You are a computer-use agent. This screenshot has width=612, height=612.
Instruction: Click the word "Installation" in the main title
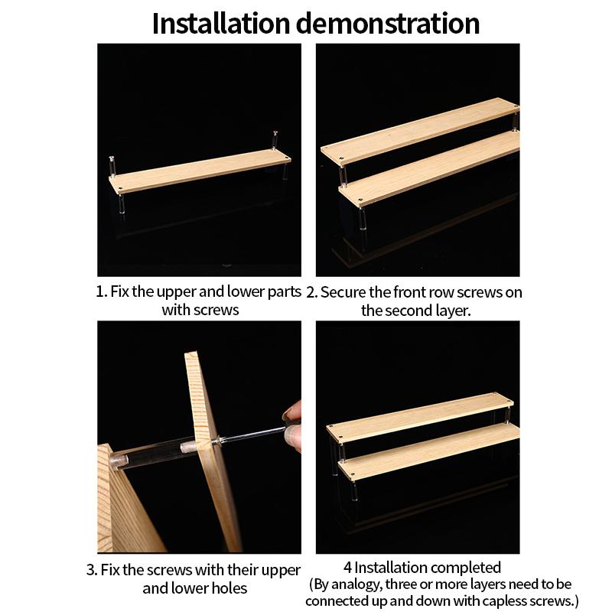(221, 24)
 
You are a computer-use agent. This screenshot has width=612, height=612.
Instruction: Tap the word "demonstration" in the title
(388, 24)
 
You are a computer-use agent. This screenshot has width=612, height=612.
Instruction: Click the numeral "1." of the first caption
(102, 291)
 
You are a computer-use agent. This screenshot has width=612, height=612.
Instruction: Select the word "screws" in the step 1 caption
(216, 310)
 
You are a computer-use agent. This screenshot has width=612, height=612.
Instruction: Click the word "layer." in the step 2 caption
(453, 311)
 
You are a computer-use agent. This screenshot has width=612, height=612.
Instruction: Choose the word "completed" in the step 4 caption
(462, 568)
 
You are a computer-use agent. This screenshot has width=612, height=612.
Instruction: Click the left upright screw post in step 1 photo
(112, 166)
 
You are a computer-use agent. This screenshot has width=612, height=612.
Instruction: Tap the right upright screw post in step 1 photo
(275, 140)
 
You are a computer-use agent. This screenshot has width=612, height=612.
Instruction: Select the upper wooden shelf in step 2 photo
(419, 129)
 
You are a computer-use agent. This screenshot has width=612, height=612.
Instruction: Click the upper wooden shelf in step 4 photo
(419, 418)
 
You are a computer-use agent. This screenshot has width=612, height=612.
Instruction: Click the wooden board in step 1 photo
(200, 171)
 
